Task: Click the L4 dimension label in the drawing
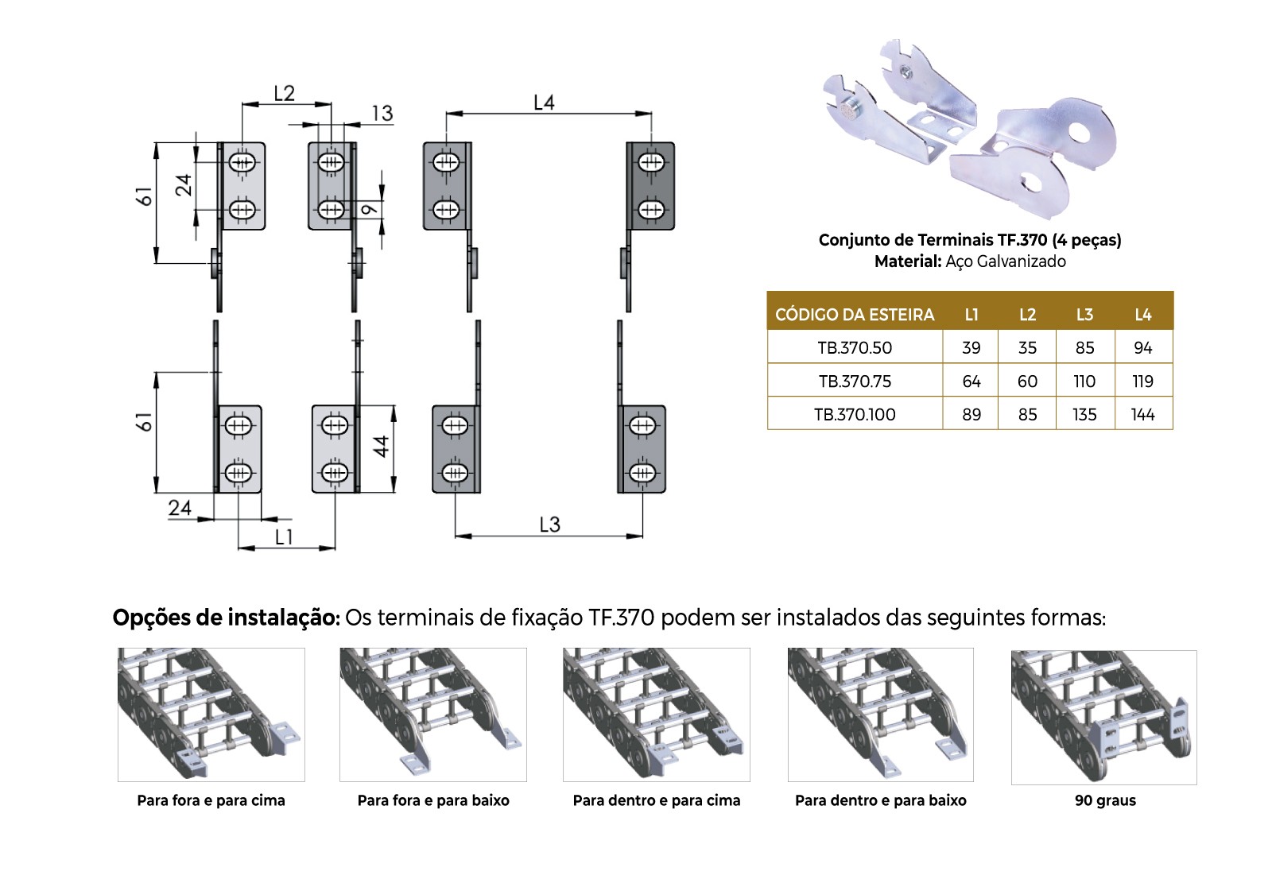544,103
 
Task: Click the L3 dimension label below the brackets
549,525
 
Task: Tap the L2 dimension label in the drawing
284,93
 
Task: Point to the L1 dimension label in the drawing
283,537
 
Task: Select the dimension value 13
382,113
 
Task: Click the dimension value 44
381,447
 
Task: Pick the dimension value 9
369,210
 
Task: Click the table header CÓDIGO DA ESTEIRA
855,315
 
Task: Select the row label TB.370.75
855,381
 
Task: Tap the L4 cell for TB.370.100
1142,415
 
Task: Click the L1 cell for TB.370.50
971,347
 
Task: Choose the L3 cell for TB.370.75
1084,381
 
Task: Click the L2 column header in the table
1027,315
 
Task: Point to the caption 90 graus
1105,800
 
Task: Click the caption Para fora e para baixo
433,800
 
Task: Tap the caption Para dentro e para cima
657,800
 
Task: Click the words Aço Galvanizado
1005,261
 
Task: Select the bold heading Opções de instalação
226,618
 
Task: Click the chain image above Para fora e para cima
211,715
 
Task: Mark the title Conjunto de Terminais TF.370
933,240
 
